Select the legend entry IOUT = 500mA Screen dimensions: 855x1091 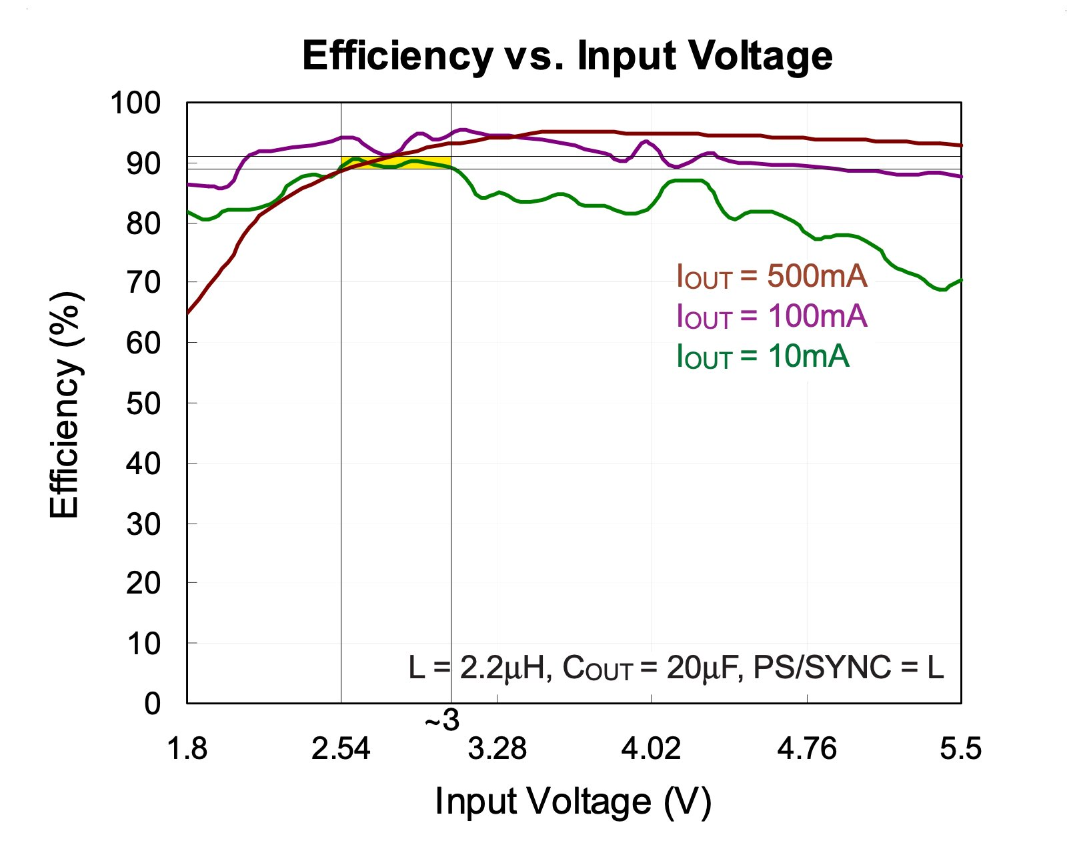pos(772,275)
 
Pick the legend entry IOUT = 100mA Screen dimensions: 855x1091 pos(772,315)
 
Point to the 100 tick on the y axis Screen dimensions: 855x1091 pos(135,103)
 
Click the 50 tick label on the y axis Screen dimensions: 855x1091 pos(143,403)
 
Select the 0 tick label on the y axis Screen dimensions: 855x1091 pos(152,704)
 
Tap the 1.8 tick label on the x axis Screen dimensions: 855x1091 pos(187,749)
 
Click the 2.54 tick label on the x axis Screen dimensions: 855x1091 pos(341,749)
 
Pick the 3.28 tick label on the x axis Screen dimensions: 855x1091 pos(497,749)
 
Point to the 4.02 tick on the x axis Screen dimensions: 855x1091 pos(651,749)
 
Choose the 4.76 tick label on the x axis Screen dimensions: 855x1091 pos(806,749)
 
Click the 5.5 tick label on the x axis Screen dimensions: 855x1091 pos(960,749)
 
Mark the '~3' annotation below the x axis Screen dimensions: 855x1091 pos(442,721)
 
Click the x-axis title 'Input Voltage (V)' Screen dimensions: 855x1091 pos(573,801)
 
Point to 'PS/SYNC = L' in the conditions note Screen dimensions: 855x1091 pos(848,667)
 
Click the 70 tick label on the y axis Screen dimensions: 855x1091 pos(143,283)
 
